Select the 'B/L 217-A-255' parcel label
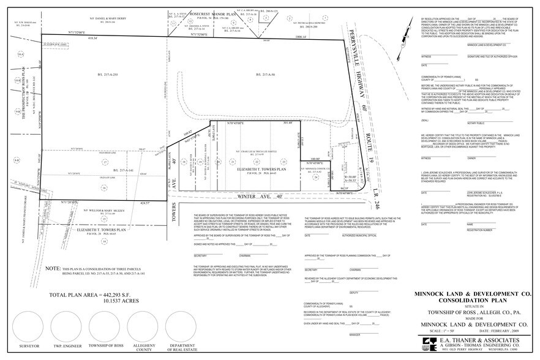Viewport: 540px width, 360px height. [107, 74]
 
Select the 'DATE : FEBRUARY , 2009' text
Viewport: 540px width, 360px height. [500, 331]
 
